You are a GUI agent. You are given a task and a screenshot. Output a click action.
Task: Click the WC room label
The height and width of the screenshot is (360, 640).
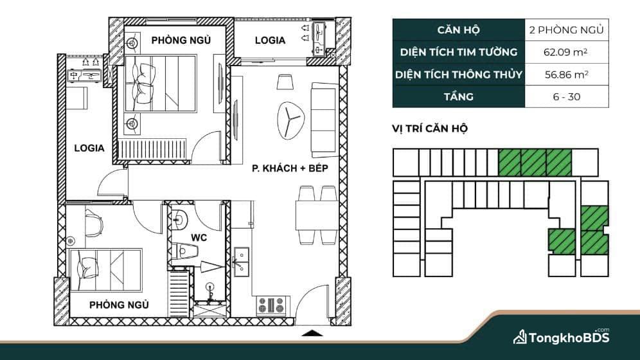(199, 238)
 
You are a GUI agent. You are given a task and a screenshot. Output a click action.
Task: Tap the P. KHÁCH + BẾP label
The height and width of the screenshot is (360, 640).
(290, 168)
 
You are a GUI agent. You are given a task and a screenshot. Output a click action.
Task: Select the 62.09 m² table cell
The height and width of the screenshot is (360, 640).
(567, 52)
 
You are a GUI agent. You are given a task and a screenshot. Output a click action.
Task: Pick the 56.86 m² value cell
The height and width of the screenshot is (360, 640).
(567, 75)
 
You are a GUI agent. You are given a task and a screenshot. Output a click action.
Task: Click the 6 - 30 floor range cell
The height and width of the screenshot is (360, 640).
(567, 96)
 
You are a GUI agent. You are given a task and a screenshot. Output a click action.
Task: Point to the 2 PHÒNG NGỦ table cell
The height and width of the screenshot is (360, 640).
(567, 30)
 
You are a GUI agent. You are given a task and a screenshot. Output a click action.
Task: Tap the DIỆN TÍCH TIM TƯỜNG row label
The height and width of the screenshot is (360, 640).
(459, 52)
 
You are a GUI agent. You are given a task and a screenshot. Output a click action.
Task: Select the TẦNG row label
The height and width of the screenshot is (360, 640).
(459, 96)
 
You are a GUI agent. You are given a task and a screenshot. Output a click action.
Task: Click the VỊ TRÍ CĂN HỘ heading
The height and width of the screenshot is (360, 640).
(430, 129)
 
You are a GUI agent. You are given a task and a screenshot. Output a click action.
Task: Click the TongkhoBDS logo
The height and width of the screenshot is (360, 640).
(561, 337)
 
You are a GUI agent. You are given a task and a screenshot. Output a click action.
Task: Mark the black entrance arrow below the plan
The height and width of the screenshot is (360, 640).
(312, 333)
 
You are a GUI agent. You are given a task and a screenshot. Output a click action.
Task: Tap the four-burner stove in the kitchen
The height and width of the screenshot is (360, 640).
(271, 305)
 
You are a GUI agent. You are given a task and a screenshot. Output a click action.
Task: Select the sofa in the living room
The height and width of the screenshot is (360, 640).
(325, 120)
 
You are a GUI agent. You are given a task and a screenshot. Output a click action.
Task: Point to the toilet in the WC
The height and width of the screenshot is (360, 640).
(184, 251)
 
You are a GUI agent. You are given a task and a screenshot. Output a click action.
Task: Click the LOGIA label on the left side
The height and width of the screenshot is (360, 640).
(89, 148)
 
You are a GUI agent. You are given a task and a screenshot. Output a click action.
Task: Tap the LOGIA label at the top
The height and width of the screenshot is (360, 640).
(270, 40)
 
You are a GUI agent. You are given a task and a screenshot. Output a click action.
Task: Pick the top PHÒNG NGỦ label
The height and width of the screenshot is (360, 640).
(181, 40)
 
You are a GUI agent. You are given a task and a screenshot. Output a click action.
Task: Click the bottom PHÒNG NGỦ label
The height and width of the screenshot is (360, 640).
(119, 305)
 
